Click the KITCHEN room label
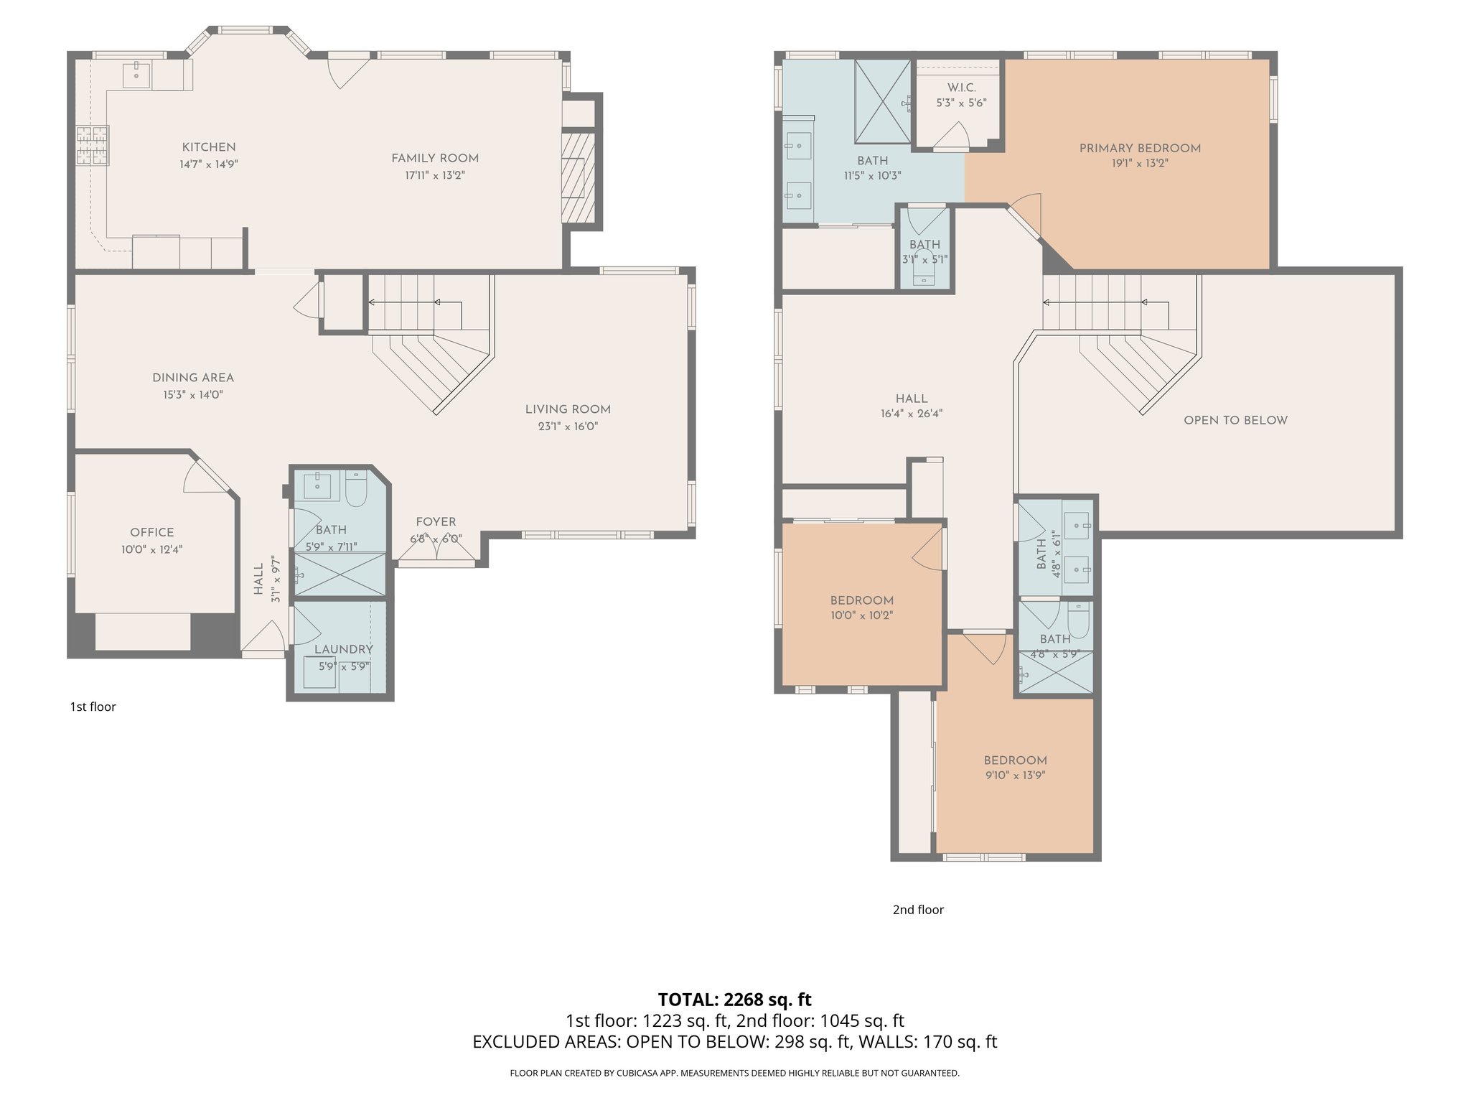208,147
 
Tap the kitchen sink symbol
136,73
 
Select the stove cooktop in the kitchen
93,145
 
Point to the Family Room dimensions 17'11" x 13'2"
434,175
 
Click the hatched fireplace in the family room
578,177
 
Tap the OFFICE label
151,532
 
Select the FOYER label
436,522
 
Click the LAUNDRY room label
343,649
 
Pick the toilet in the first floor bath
356,488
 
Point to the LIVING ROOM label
567,409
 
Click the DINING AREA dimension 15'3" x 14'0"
192,394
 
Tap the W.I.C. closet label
961,88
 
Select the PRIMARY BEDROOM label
1139,149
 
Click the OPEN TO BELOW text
1235,420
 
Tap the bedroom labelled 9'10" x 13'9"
1015,767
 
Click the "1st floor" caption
93,707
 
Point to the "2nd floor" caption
917,910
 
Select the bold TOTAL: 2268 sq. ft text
734,1000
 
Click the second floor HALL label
911,399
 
